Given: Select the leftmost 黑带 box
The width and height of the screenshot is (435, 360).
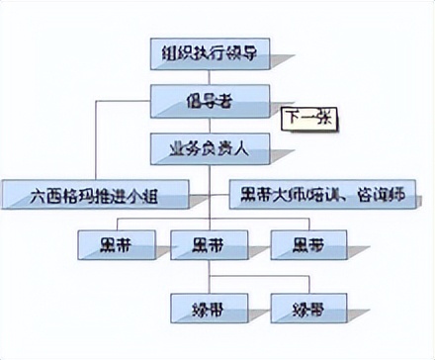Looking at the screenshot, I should coord(116,243).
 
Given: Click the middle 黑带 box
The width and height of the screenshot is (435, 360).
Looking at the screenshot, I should coord(209,243).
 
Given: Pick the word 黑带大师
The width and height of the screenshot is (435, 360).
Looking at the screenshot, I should coord(265,194).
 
